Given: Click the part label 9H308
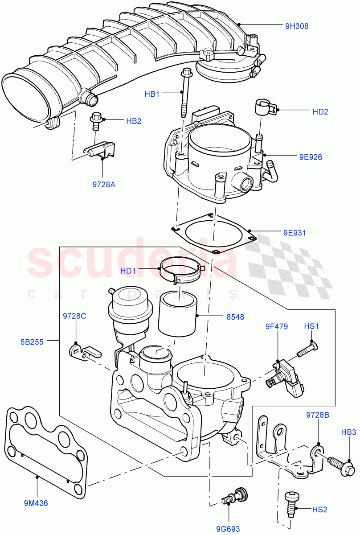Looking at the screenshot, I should click(297, 26).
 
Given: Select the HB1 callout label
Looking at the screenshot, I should click(152, 94).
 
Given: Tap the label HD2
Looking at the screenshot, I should click(320, 112).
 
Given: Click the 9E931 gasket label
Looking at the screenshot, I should click(295, 233).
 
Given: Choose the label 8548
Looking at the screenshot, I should click(235, 317).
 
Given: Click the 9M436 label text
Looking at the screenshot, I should click(36, 503).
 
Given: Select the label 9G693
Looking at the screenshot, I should click(228, 529).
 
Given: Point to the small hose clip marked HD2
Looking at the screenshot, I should click(264, 107).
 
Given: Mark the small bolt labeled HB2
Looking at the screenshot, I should click(95, 121).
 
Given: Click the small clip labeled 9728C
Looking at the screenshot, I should click(85, 352).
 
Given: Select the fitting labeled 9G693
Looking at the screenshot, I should click(236, 496).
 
